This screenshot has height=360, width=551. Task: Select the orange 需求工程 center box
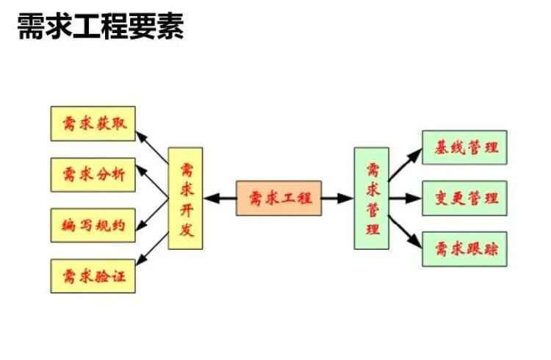[x=279, y=198]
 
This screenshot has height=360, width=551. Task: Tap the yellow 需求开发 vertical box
[x=185, y=198]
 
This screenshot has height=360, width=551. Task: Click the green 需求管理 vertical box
[x=371, y=198]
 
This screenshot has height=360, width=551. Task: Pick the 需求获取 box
[x=93, y=123]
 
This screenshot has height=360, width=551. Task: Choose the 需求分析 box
[x=93, y=174]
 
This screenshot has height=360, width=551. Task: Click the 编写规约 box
[x=93, y=225]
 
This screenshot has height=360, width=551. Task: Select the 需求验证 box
[x=93, y=276]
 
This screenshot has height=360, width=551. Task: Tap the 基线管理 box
[x=464, y=147]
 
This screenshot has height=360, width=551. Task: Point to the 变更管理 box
[x=464, y=198]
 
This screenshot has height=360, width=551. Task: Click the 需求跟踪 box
[x=464, y=249]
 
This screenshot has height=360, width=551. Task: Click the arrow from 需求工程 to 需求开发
[x=220, y=198]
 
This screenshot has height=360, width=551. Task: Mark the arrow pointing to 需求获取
[x=153, y=148]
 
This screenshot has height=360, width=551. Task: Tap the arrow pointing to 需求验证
[x=153, y=242]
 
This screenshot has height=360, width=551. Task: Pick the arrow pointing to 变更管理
[x=405, y=198]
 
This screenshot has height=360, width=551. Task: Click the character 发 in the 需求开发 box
[x=186, y=230]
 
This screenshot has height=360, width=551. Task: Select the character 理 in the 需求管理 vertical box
[x=372, y=228]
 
